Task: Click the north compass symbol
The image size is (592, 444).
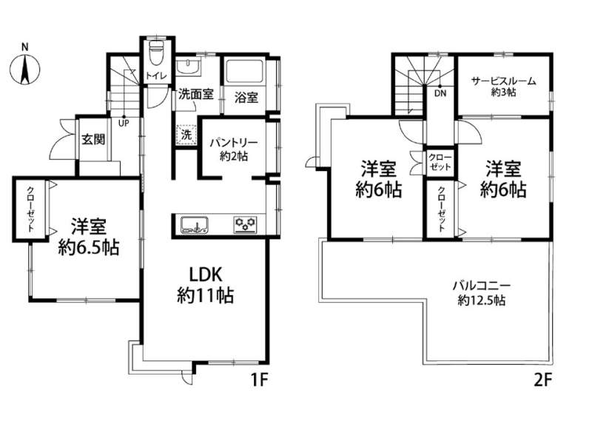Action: pyautogui.click(x=24, y=69)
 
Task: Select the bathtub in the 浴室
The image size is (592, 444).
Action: pyautogui.click(x=245, y=70)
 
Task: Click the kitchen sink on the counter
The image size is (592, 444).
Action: pyautogui.click(x=195, y=224)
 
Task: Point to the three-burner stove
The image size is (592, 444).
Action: pyautogui.click(x=246, y=224)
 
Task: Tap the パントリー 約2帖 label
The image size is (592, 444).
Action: pyautogui.click(x=234, y=149)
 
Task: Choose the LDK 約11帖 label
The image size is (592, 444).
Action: pyautogui.click(x=206, y=285)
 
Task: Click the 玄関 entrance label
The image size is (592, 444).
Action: pyautogui.click(x=93, y=140)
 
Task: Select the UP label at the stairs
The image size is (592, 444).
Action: pyautogui.click(x=124, y=123)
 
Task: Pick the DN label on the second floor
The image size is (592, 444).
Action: pyautogui.click(x=440, y=93)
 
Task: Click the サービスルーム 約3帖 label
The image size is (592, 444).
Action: pyautogui.click(x=504, y=87)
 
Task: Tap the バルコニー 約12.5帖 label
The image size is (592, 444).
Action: pyautogui.click(x=482, y=293)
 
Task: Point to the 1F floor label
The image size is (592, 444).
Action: pyautogui.click(x=259, y=380)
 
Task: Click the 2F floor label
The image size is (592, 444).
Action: pyautogui.click(x=543, y=380)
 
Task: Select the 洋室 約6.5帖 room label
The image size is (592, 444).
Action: pyautogui.click(x=89, y=237)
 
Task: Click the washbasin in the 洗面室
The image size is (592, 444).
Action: pyautogui.click(x=189, y=67)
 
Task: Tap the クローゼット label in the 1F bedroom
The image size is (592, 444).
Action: pyautogui.click(x=30, y=209)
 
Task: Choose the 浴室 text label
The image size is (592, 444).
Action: pyautogui.click(x=246, y=98)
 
